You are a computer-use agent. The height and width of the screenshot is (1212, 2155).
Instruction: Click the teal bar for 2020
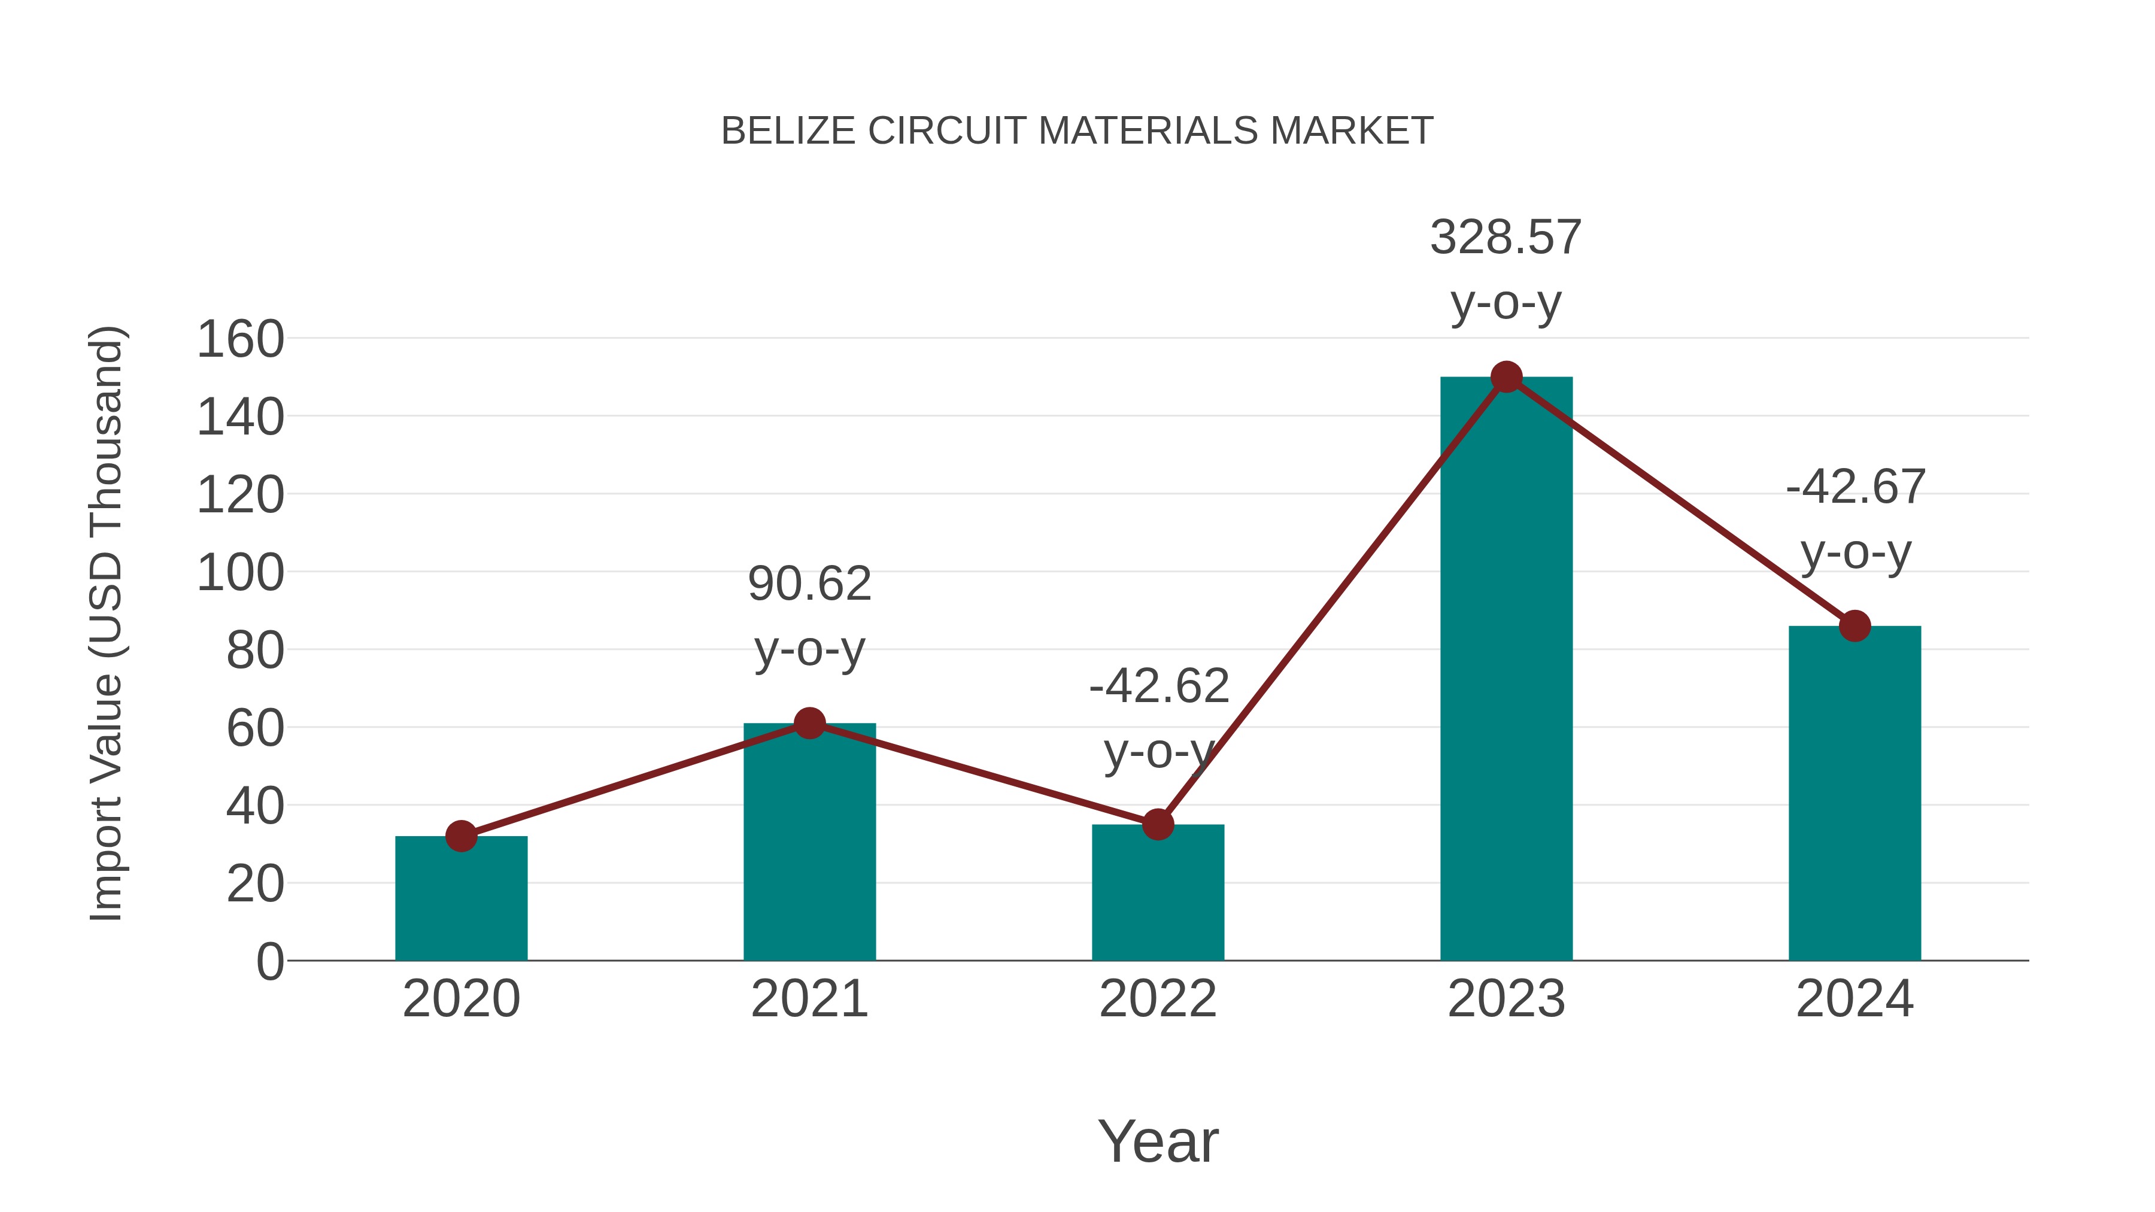pos(461,898)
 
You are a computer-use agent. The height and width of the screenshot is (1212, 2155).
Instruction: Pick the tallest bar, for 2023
pos(1506,669)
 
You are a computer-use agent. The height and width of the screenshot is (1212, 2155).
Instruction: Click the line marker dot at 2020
pos(461,836)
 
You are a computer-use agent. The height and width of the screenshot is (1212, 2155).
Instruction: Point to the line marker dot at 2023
pos(1506,377)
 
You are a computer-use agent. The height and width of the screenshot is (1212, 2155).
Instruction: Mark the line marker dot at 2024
pos(1854,625)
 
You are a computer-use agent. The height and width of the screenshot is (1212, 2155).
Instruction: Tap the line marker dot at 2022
pos(1157,825)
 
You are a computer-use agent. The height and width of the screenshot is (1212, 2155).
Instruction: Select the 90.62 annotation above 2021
pos(809,584)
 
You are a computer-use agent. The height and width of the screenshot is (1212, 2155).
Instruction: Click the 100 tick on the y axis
pos(240,574)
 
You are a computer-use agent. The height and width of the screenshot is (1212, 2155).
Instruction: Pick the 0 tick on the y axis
pos(269,962)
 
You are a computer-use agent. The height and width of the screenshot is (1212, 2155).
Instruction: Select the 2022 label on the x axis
pos(1157,999)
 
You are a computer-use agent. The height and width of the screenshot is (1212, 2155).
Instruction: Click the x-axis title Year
pos(1157,1142)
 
